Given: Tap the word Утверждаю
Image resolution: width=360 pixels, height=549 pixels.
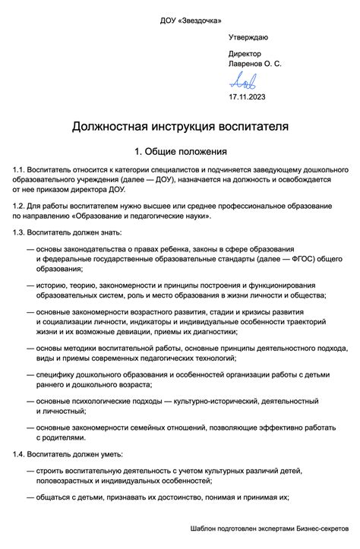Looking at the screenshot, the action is point(248,37).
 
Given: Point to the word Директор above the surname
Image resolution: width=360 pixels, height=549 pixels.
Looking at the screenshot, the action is point(245,54).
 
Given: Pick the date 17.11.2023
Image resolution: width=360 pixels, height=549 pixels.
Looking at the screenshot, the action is point(248,97).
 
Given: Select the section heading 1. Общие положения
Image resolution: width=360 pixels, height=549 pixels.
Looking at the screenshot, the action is point(180,152).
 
